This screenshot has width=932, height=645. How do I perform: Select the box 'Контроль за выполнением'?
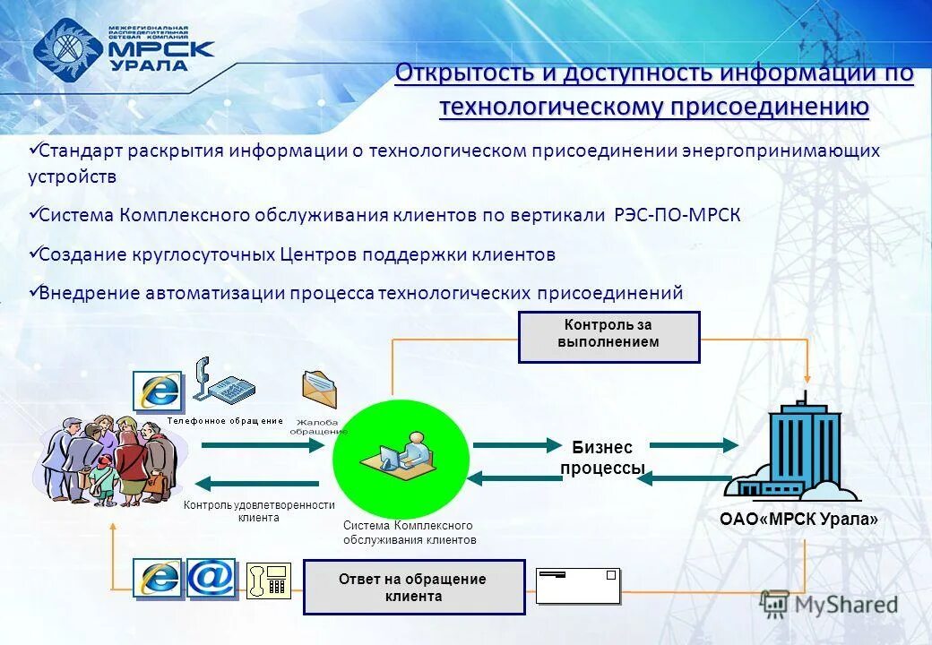point(608,336)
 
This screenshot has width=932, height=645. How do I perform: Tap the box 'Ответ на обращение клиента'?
point(413,587)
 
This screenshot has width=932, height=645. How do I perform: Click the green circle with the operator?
point(401,458)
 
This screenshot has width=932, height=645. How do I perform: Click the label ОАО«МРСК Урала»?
point(798,519)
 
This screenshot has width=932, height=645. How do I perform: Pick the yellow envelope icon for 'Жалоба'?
point(319,391)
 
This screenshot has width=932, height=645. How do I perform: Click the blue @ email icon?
point(211,579)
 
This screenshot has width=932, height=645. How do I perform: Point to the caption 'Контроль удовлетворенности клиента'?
point(259,511)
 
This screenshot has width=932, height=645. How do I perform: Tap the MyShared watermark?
point(829,604)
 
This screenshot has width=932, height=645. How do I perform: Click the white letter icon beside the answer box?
point(578,586)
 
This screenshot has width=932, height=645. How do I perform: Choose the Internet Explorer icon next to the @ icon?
point(159,579)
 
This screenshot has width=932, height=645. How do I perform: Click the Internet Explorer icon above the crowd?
point(158,391)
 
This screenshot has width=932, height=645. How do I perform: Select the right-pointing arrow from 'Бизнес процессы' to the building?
point(694,444)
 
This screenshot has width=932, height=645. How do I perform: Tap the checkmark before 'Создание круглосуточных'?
point(33,254)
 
